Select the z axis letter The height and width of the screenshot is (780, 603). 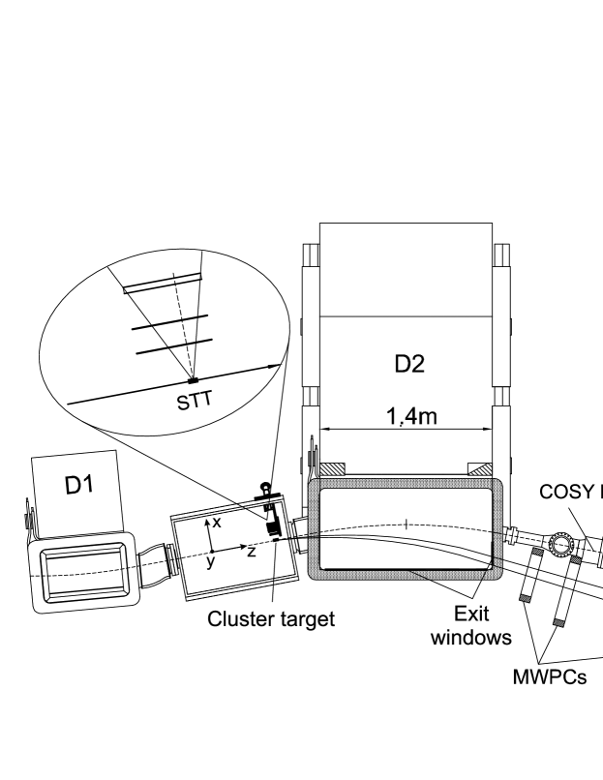click(x=251, y=552)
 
